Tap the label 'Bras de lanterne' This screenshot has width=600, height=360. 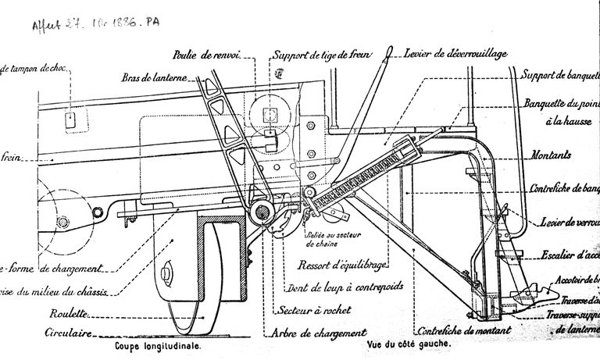[153, 77]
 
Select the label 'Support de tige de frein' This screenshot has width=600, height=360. [322, 54]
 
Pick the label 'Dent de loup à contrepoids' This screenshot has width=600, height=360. [345, 286]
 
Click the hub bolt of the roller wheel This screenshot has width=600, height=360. [168, 273]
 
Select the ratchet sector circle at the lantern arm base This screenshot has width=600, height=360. [262, 210]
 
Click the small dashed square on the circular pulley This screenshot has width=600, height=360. [272, 116]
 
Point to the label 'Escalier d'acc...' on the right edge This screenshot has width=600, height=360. [570, 254]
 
